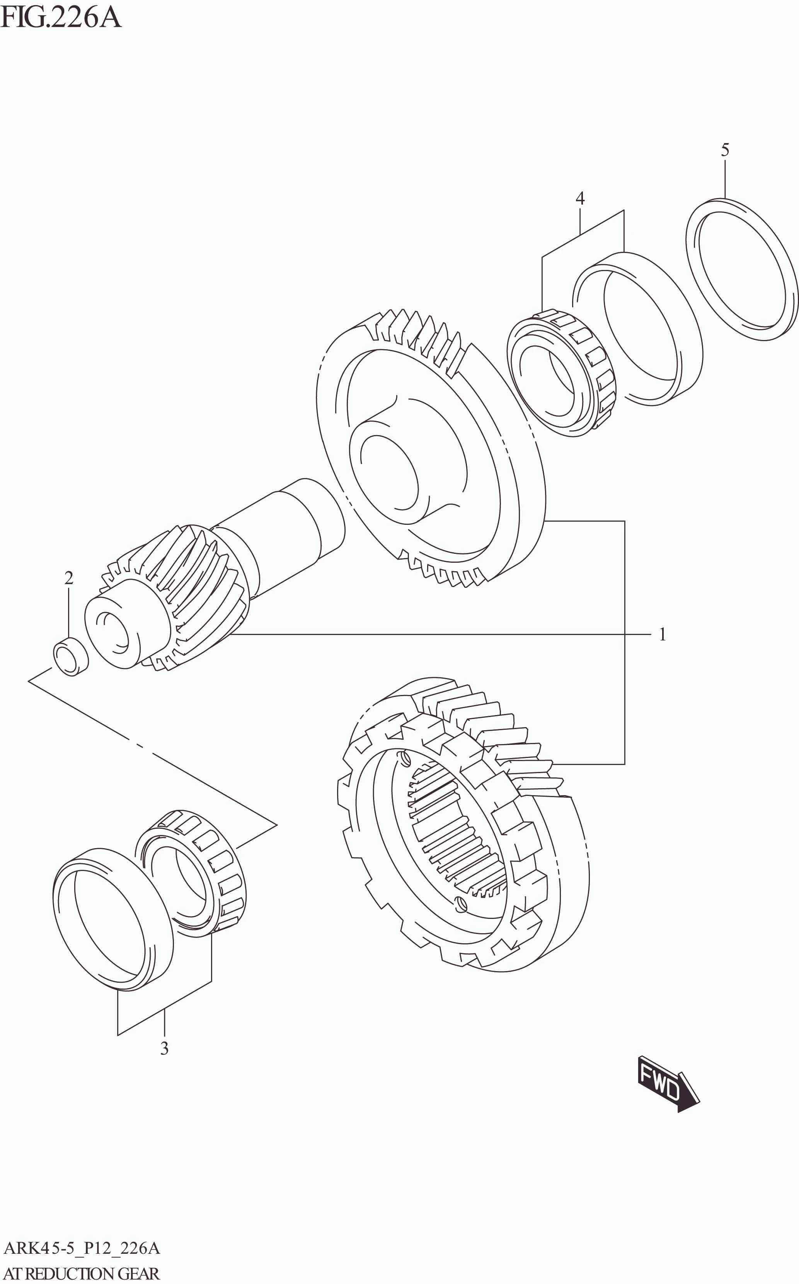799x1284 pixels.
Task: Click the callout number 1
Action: (x=662, y=634)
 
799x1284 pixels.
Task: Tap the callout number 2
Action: (x=69, y=578)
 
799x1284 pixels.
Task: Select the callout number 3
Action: (x=164, y=1048)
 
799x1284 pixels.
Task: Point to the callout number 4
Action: (x=580, y=198)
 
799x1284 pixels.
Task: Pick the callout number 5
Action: (x=725, y=150)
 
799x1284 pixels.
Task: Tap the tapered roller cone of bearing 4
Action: (x=560, y=373)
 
